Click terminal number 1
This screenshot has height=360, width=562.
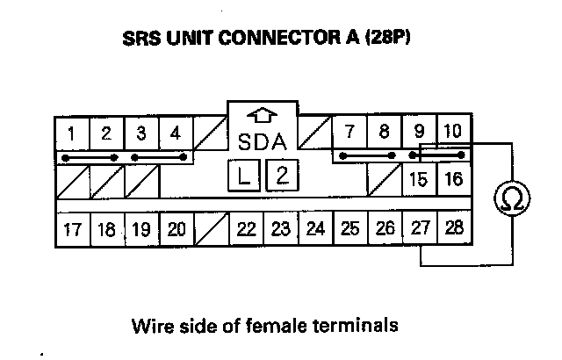coord(72,134)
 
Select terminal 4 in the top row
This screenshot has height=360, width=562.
coord(176,134)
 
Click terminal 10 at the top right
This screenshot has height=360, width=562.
coord(453,133)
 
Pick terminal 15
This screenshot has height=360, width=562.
coord(419,180)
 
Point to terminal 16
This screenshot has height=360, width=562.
coord(453,180)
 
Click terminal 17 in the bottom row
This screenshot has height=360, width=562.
coord(73,230)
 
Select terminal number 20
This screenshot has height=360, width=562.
coord(176,230)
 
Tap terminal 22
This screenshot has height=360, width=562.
coord(247,230)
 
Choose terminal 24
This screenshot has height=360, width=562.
coord(316,230)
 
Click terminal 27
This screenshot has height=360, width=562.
coord(420,230)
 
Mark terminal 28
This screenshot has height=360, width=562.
coord(453,230)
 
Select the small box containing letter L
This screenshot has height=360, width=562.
coord(246,176)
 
